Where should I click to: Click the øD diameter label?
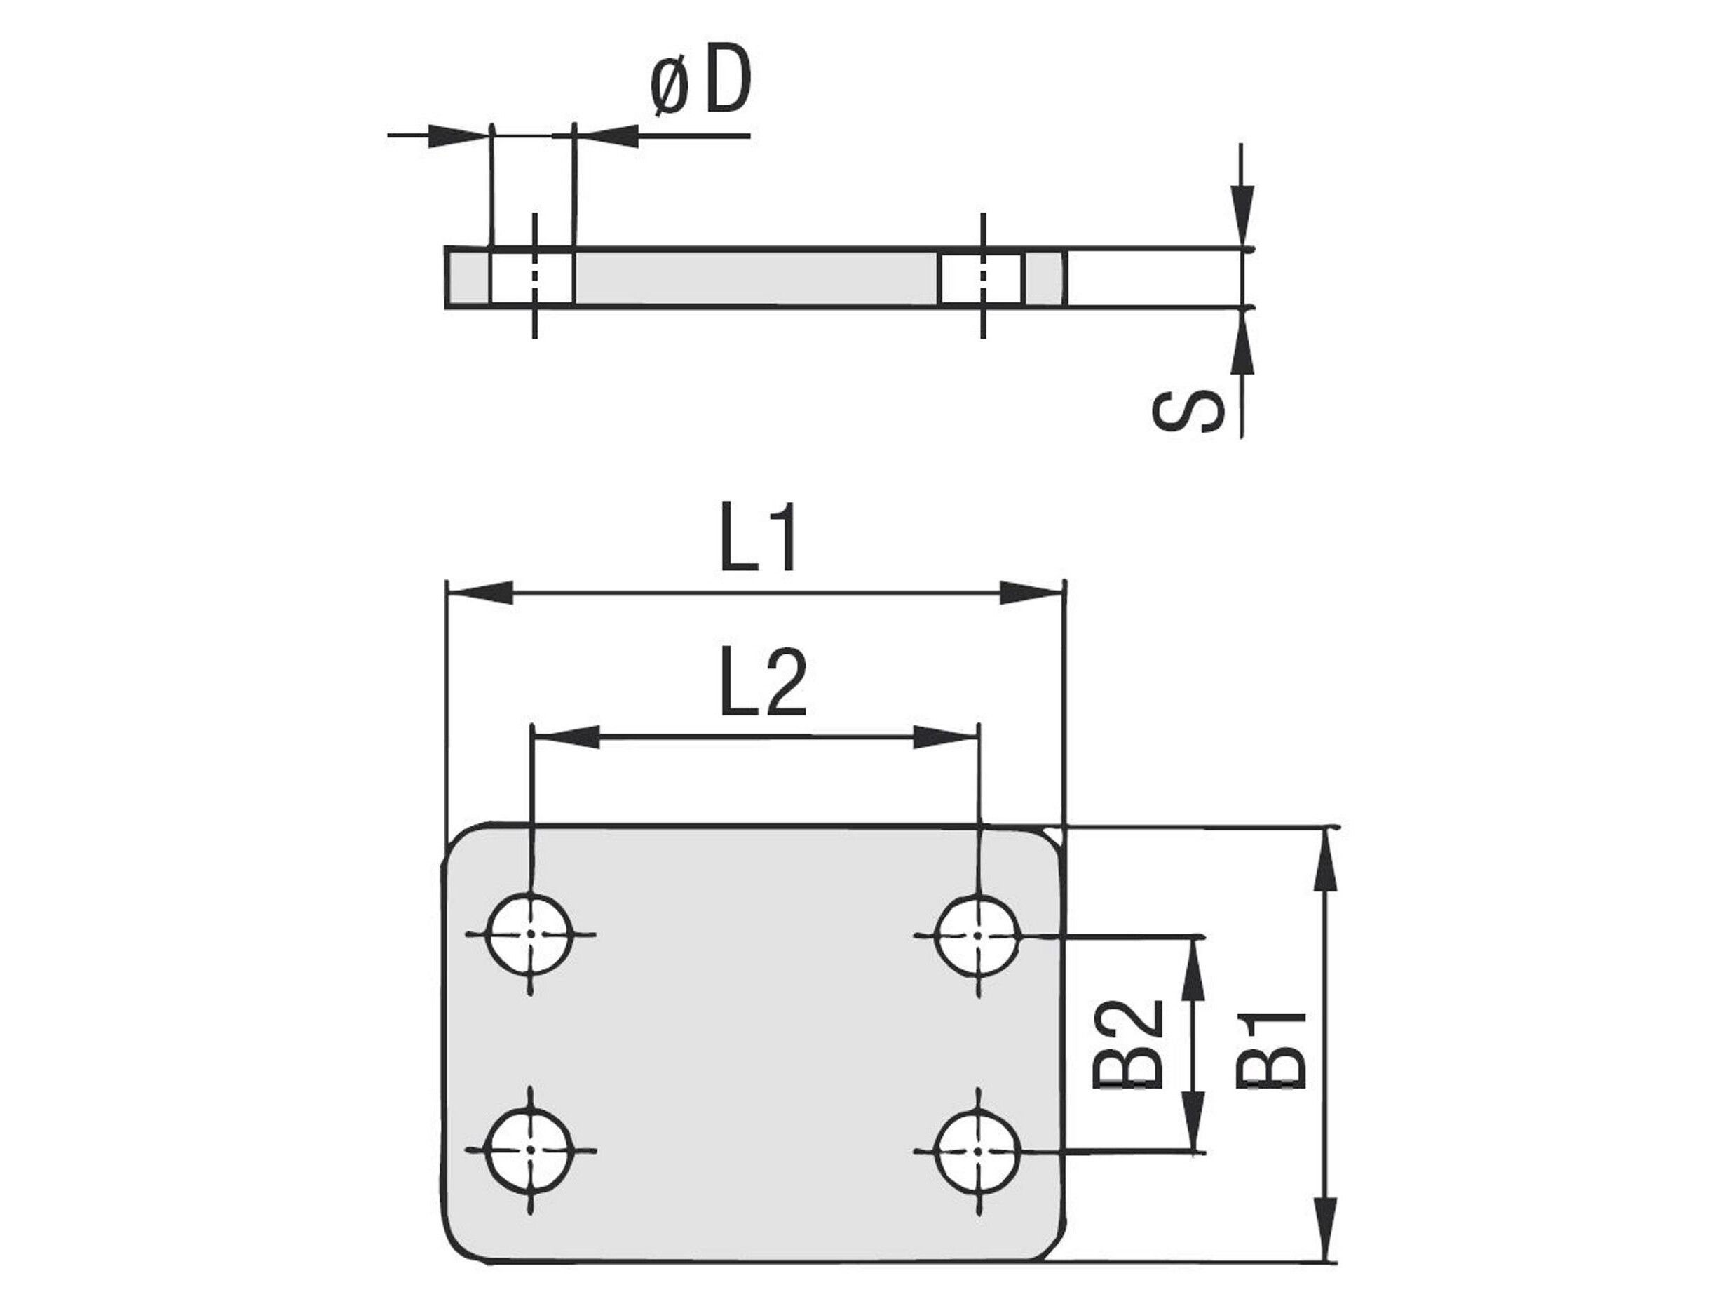tap(700, 81)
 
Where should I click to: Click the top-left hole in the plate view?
tap(530, 934)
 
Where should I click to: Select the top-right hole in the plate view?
tap(977, 935)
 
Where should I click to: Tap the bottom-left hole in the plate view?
tap(530, 1150)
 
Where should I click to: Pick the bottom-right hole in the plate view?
tap(977, 1151)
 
